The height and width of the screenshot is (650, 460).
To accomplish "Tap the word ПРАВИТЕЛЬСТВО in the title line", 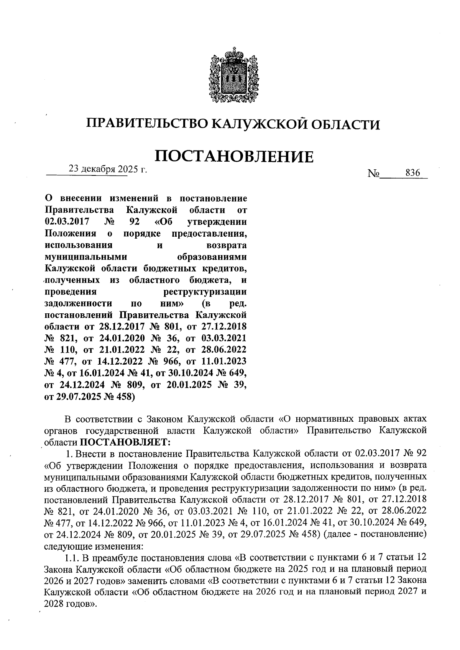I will click(x=146, y=123).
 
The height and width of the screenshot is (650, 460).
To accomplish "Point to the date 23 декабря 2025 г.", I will click(x=108, y=169).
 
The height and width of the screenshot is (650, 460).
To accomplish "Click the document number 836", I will click(x=413, y=173).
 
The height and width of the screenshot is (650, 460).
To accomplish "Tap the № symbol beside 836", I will click(x=373, y=174).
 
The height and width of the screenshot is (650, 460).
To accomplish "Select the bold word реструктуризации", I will click(x=205, y=292).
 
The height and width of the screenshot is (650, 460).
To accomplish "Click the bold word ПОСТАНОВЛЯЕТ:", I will click(x=124, y=442).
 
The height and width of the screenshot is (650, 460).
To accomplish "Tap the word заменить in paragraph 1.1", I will click(x=151, y=580).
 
